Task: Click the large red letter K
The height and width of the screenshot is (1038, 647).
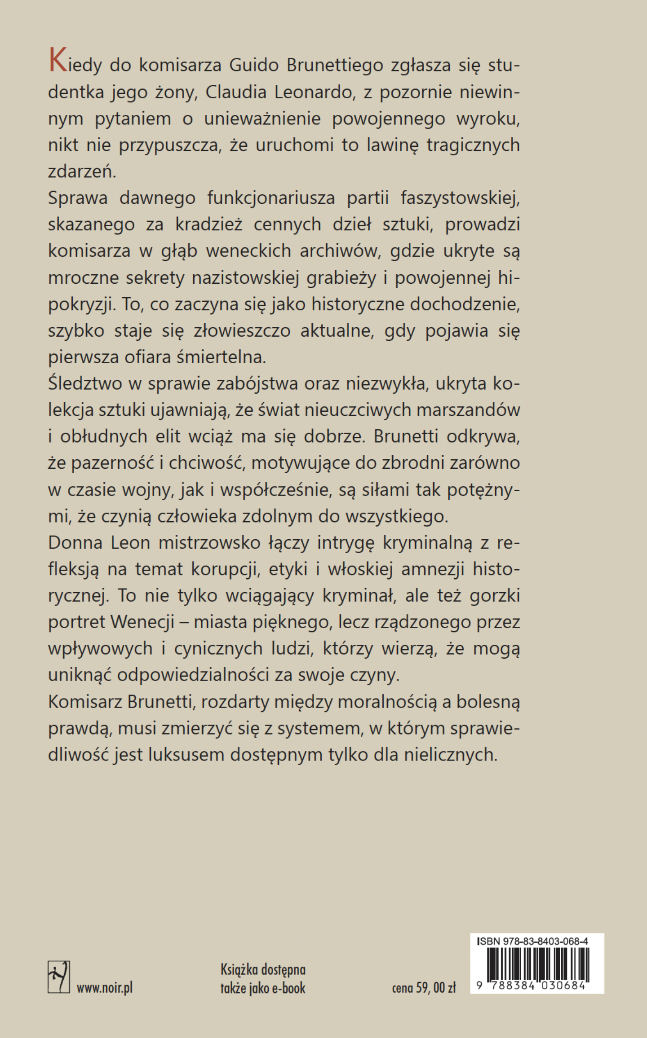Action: pos(58,61)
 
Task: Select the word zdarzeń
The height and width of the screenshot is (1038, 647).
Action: pos(82,172)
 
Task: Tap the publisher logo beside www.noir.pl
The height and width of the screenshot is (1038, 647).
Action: pos(59,976)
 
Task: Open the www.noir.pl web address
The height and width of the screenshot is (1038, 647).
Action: pos(105,988)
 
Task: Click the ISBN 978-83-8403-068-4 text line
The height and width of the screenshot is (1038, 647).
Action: pos(533,941)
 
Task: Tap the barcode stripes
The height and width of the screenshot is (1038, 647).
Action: pos(537,964)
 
